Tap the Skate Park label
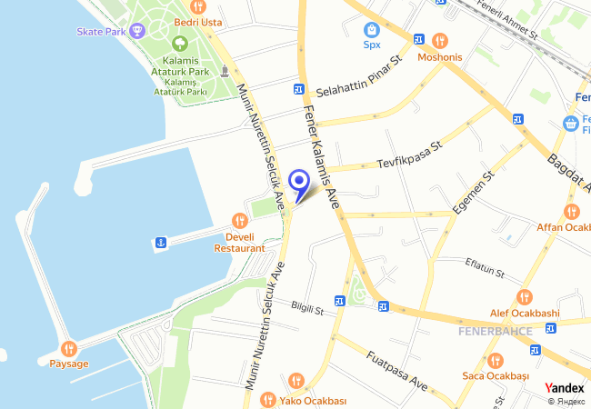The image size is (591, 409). [x=101, y=31]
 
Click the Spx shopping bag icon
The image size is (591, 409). [x=371, y=28]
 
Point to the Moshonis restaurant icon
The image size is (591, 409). [x=441, y=40]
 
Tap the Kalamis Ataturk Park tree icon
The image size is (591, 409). [x=179, y=43]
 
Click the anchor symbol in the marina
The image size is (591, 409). [x=159, y=242]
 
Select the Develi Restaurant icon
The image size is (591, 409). [x=240, y=220]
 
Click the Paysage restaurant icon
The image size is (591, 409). [x=69, y=348]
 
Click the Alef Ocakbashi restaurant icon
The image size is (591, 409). [x=524, y=297]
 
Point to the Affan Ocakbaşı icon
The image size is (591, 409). [x=573, y=211]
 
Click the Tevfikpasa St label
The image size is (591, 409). [x=409, y=155]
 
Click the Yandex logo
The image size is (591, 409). [x=565, y=387]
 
